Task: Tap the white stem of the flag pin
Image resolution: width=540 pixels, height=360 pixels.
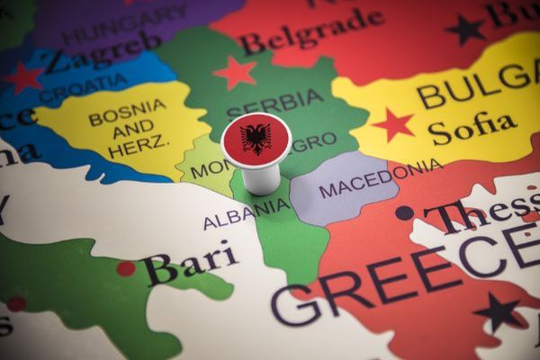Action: (x=261, y=177)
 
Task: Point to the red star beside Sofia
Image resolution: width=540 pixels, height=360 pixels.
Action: (x=393, y=125)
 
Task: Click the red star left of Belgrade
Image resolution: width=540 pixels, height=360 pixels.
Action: (x=235, y=72)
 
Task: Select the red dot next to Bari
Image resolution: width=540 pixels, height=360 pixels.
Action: (x=126, y=268)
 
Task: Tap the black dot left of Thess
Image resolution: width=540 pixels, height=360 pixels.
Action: (x=405, y=213)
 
